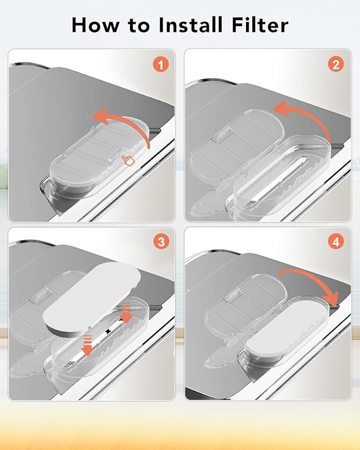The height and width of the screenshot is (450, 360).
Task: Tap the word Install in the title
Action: [x=191, y=25]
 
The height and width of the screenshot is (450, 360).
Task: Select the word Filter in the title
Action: [x=260, y=25]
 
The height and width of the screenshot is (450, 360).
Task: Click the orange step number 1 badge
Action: [x=161, y=65]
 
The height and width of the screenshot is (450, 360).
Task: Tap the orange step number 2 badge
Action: [x=336, y=65]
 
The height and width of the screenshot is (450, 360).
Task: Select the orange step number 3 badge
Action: [x=161, y=242]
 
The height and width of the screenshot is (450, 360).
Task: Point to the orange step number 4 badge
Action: [x=336, y=242]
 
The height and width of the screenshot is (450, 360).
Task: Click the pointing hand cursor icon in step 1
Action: [x=128, y=160]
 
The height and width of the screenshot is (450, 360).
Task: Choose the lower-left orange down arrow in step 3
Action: [x=87, y=345]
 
